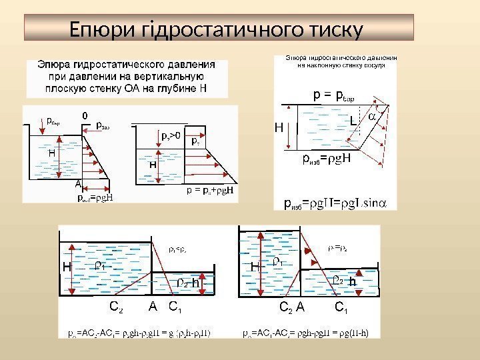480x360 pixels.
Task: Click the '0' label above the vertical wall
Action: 85,115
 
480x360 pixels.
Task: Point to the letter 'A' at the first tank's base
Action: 78,182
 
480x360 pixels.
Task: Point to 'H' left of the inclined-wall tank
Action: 279,127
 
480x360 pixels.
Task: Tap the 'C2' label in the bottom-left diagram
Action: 115,308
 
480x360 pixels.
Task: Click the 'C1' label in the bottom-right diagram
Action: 341,308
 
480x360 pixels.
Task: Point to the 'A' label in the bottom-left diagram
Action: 153,307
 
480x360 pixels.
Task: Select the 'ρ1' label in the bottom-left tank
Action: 99,265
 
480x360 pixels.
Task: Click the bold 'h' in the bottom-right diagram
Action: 353,282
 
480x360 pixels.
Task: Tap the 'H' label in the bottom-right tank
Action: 254,267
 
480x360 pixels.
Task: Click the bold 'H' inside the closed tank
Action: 153,164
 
